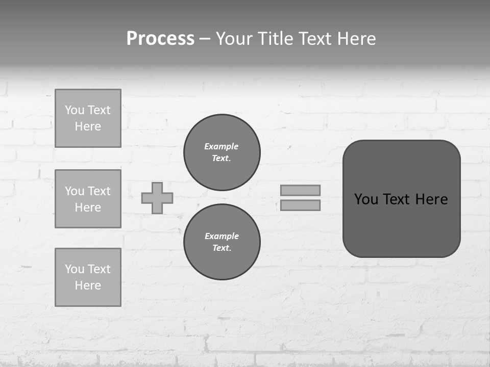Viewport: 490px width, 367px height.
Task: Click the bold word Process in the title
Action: (160, 39)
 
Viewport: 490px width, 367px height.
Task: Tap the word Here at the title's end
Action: (356, 39)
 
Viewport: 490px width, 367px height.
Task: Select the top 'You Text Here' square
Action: (88, 118)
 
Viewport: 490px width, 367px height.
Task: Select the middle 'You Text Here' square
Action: (88, 199)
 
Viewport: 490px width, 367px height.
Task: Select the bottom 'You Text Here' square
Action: (88, 277)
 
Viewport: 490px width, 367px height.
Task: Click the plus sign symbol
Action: (157, 198)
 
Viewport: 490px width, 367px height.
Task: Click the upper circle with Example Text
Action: (222, 152)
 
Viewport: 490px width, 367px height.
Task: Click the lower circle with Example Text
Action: (222, 242)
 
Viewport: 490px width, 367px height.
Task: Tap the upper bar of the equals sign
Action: (300, 190)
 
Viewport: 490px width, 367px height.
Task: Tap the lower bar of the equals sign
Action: (300, 205)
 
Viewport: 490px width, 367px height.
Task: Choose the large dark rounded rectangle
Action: (401, 224)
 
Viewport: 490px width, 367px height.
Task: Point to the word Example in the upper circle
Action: (222, 146)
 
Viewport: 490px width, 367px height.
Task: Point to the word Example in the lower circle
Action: (222, 236)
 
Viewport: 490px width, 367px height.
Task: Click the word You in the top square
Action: (74, 110)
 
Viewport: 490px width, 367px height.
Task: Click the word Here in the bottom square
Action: (88, 285)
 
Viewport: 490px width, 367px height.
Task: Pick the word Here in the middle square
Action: (88, 207)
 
